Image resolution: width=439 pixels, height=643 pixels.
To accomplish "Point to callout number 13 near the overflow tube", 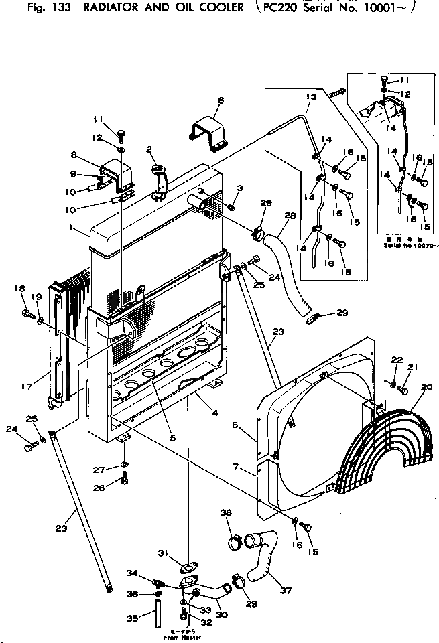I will coord(309,98).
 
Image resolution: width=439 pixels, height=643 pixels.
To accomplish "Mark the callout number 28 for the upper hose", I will coord(290,216).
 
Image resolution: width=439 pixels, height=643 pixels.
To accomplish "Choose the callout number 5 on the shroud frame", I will coord(172,439).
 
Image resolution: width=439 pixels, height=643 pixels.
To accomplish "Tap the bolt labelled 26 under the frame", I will coord(125,479).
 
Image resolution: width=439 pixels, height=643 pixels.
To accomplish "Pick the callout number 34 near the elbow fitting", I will coord(133,573).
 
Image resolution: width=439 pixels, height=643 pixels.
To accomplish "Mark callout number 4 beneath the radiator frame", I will coord(214,413).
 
